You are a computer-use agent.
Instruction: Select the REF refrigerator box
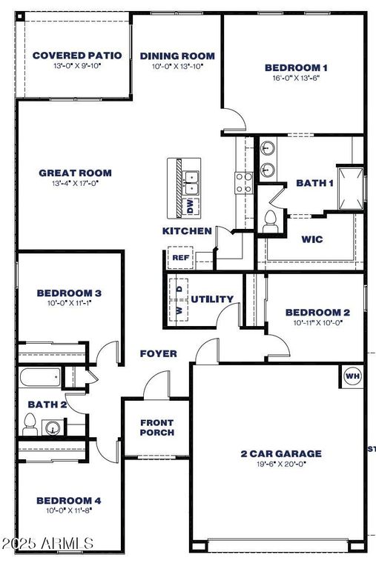click(x=180, y=258)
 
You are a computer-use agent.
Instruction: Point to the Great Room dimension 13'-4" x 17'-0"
click(x=75, y=183)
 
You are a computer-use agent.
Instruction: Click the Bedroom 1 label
click(x=296, y=68)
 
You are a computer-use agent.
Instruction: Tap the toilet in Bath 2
click(x=30, y=424)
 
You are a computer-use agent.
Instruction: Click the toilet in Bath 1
click(x=271, y=220)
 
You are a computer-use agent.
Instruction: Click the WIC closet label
click(x=311, y=240)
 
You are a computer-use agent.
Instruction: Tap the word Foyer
click(x=158, y=353)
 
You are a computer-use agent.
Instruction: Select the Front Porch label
click(x=156, y=427)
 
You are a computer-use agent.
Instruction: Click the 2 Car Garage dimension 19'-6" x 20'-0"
click(x=280, y=464)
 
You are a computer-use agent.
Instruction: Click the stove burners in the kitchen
click(x=243, y=182)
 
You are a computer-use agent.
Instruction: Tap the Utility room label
click(x=212, y=299)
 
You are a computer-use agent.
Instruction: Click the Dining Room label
click(x=177, y=56)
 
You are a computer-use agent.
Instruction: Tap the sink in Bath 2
click(x=53, y=427)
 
